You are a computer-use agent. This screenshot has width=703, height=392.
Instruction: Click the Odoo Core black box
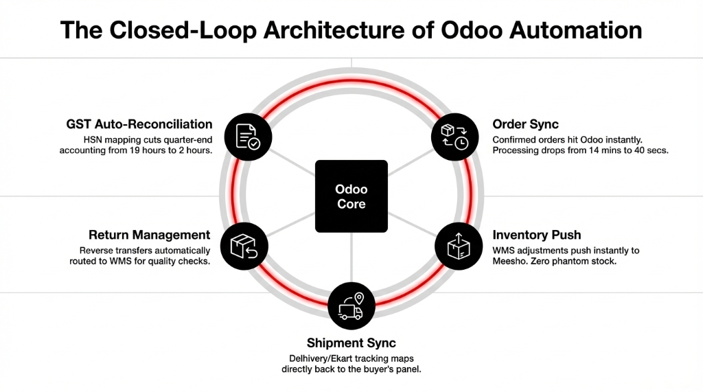click(x=351, y=196)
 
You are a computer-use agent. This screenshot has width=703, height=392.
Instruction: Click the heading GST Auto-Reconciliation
click(x=139, y=124)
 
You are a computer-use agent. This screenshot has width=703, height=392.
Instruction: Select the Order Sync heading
click(x=525, y=124)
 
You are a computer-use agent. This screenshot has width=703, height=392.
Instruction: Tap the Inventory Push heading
click(x=537, y=235)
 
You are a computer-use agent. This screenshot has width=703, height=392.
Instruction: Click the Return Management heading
click(x=149, y=235)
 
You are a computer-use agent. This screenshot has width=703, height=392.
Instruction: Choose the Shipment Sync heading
click(x=351, y=343)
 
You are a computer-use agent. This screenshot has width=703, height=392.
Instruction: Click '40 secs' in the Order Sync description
click(x=647, y=150)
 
